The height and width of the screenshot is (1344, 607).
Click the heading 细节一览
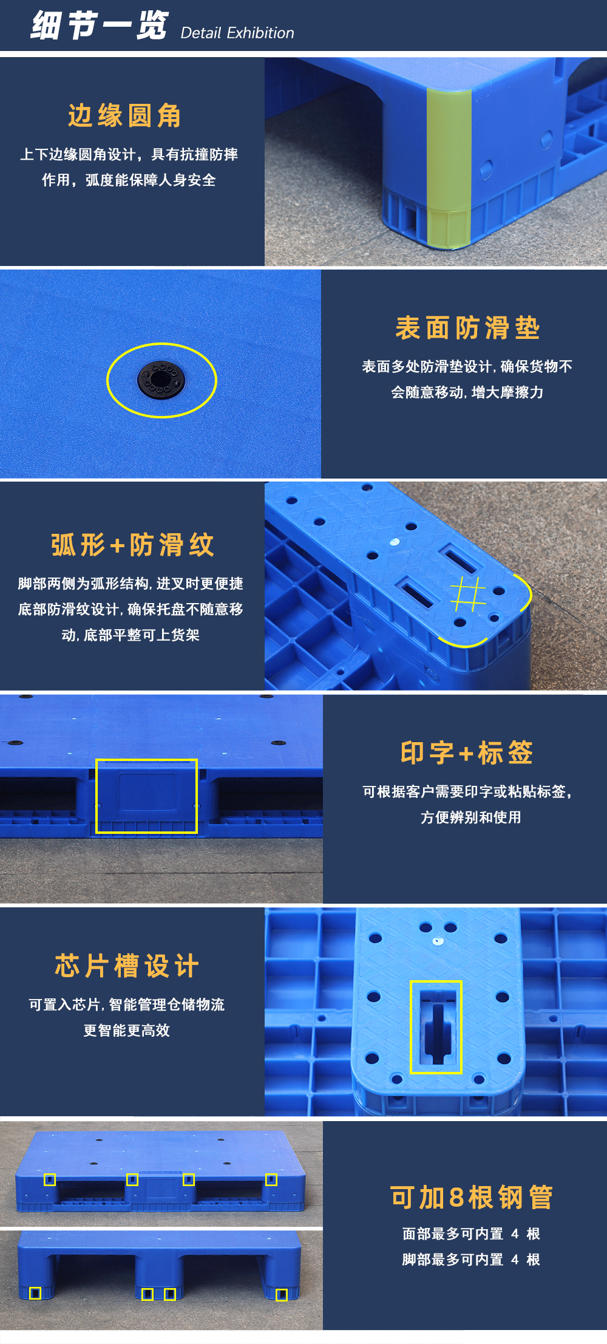pos(100,26)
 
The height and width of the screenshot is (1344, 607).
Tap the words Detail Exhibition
pos(237,33)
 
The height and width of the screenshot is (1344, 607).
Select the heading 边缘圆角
pos(124,115)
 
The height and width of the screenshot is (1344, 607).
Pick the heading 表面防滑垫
pos(467,328)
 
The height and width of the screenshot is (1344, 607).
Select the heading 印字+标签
pos(467,753)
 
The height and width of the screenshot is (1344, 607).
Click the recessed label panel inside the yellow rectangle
pos(147,793)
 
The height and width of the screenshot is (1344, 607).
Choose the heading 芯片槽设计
pos(127,966)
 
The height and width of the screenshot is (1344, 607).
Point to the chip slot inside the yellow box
pos(436,1026)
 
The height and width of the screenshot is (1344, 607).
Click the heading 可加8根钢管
pos(471,1198)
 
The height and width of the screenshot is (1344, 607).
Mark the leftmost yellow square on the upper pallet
pos(50,1179)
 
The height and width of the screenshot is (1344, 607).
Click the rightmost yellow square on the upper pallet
pos(271,1179)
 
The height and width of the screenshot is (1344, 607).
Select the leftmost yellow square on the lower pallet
pos(35,1294)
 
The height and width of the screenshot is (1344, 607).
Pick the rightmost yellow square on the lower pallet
pos(282,1295)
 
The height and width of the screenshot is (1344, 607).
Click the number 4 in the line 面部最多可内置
pos(515,1233)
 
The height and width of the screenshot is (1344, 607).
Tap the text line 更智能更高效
pos(127,1030)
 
